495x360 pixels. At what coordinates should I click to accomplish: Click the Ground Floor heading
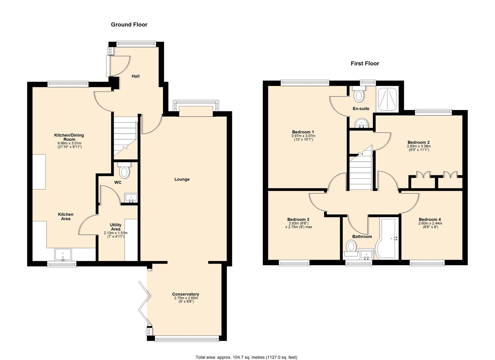point(129,25)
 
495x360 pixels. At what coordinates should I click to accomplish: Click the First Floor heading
point(365,63)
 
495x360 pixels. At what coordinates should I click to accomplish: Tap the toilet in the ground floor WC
point(124,170)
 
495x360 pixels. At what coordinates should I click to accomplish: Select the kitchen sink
point(63,254)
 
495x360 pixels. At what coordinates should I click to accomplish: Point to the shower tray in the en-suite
point(388,99)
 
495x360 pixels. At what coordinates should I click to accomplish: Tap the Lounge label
point(182,179)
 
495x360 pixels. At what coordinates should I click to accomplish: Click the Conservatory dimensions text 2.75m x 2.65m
point(186,298)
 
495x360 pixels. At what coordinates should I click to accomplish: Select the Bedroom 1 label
point(303,132)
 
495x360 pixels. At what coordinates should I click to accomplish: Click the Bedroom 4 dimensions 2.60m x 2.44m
point(430,223)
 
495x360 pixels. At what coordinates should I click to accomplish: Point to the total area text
point(246,351)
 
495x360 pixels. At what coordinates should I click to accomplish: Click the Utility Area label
point(116,227)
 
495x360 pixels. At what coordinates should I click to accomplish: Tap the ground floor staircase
point(125,138)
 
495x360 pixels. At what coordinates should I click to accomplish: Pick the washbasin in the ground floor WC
point(131,198)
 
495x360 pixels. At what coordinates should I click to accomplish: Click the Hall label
point(135,76)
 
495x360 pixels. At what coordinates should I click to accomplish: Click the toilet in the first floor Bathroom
point(351,249)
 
